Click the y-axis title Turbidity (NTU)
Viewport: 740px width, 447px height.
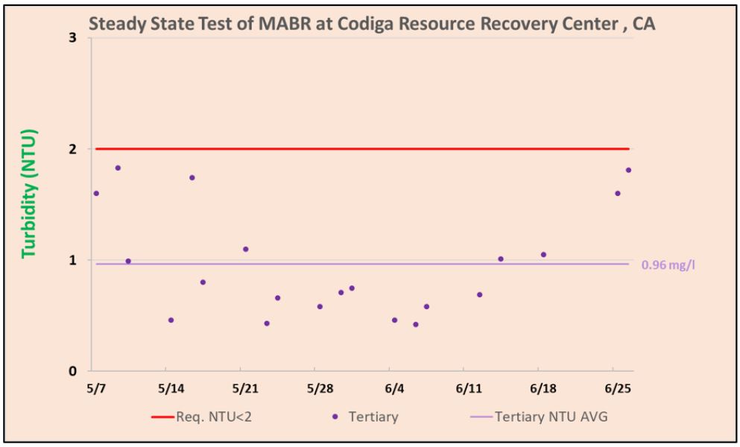[29, 194]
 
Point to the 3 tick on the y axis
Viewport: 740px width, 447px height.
[74, 38]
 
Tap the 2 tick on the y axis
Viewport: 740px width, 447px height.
[74, 149]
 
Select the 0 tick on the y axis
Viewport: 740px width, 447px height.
[74, 371]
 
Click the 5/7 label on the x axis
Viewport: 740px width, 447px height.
[96, 389]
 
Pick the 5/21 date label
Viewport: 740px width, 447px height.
[244, 389]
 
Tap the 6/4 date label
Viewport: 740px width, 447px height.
[394, 389]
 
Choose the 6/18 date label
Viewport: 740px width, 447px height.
[543, 389]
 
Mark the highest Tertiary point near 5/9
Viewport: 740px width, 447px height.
[118, 168]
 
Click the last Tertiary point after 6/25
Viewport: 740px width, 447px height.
[628, 170]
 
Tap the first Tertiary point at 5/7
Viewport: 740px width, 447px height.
[96, 193]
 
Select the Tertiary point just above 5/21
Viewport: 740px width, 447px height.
[245, 249]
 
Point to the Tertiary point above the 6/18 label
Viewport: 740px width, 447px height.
[543, 255]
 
